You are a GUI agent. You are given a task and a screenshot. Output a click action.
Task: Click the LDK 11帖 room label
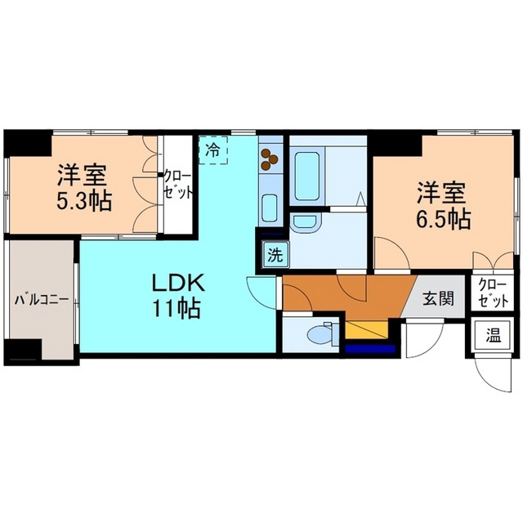click(177, 295)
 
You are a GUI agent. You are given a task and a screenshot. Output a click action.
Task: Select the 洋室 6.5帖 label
click(443, 205)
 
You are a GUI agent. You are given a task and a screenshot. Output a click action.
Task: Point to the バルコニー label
click(42, 299)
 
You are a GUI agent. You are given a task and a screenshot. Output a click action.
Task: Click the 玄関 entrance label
click(439, 297)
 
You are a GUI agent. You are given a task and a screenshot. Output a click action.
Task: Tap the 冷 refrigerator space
click(213, 150)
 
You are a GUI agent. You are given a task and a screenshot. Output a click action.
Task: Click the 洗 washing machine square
click(276, 256)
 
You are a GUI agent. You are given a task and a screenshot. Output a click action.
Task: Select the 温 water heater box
click(494, 336)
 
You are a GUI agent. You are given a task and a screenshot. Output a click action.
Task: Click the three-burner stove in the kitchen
click(270, 159)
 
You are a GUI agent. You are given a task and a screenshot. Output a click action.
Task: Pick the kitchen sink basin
click(270, 208)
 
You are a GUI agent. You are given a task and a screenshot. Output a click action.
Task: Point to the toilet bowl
click(321, 334)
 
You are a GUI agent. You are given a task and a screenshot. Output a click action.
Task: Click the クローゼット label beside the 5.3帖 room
click(178, 186)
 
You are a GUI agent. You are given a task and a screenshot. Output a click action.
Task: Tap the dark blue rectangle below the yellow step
click(370, 349)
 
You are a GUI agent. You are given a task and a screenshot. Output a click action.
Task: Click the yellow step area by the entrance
click(367, 329)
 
